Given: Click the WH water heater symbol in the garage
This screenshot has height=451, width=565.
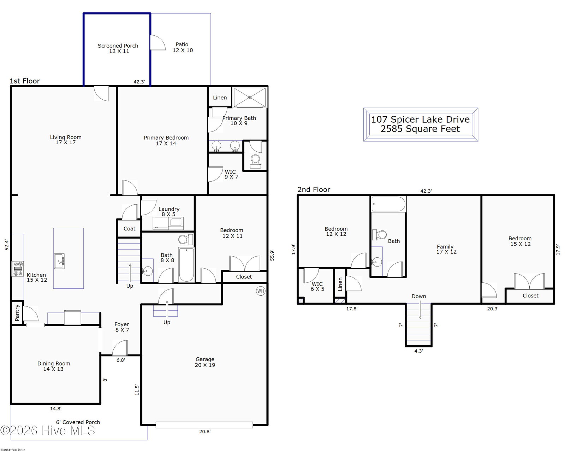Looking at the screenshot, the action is coord(261,291).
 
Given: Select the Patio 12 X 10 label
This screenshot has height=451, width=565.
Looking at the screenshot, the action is coord(183,47).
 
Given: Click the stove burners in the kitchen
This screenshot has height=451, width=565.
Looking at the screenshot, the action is coord(18,269).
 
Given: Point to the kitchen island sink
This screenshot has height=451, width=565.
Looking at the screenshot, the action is coord(59,261).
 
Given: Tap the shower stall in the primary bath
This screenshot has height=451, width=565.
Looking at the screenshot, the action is coord(250,98).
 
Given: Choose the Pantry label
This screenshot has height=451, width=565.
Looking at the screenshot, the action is coord(17,313).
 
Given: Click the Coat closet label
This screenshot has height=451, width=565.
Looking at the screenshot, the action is coord(130,229).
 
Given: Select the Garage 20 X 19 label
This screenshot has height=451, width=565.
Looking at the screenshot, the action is coord(205,362).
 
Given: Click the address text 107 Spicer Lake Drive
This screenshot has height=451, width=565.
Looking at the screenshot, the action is coord(420,119).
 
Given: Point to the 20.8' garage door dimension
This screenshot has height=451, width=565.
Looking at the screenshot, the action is coord(205,432).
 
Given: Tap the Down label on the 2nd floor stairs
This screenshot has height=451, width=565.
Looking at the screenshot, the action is coord(419,296).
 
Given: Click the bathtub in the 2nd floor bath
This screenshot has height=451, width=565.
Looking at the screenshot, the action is coord(388,204).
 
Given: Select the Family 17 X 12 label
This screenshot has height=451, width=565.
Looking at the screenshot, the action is coord(446,249).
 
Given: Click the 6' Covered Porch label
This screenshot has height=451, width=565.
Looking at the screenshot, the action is coord(78,422).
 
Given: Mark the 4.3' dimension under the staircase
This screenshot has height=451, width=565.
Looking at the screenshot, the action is coord(418,351).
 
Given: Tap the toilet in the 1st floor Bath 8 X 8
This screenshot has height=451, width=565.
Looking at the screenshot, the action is coord(186,239).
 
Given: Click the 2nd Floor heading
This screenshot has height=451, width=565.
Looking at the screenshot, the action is coord(314,189).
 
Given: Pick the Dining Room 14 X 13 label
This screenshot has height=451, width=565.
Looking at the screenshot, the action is coord(54,366).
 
